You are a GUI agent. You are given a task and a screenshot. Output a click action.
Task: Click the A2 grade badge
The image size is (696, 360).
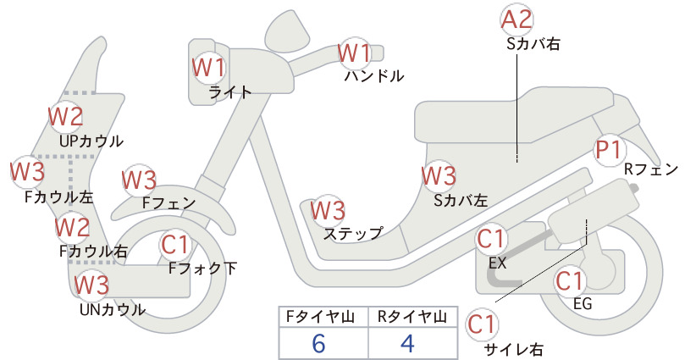516,20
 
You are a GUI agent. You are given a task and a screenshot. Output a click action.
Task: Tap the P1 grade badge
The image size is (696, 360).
609,150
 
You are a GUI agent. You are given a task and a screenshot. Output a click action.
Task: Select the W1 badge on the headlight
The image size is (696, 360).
208,67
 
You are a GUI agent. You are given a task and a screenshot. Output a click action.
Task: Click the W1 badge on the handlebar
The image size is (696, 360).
354,53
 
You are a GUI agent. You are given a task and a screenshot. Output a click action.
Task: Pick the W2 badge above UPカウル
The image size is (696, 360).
65,116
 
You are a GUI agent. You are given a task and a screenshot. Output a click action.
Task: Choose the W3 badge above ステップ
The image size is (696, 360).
328,210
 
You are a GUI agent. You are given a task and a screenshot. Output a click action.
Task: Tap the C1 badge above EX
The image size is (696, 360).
491,239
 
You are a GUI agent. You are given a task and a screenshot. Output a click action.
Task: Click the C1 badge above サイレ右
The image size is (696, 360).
481,324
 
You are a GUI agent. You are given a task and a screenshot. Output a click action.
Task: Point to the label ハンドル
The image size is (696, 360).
374,76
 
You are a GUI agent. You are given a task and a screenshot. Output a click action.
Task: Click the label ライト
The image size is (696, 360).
230,92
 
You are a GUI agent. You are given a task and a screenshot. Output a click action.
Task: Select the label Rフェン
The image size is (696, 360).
651,169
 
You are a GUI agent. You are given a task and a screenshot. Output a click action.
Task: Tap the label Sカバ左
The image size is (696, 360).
461,201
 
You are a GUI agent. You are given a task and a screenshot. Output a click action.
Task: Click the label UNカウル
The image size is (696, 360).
113,309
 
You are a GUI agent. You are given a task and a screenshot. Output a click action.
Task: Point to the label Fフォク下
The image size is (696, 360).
203,269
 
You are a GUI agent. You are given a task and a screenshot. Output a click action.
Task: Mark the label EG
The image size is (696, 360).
583,303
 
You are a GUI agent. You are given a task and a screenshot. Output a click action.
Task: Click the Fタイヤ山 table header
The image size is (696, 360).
320,317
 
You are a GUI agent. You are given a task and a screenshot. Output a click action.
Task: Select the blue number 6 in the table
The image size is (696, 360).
318,344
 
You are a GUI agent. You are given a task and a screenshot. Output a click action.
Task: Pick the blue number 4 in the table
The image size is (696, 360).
407,343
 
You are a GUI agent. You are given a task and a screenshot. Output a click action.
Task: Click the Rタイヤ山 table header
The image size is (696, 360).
412,317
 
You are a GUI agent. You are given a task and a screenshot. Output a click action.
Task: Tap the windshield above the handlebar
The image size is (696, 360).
288,29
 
